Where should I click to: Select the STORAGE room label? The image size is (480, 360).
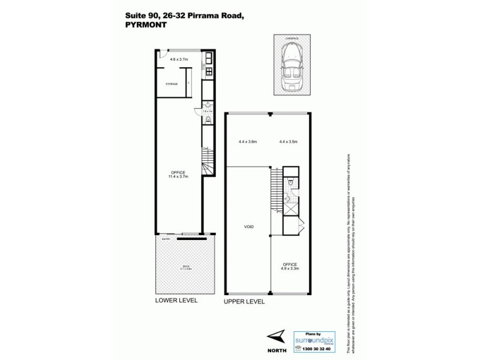172,84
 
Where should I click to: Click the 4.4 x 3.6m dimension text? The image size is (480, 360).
247,142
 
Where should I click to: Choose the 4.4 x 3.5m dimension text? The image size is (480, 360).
289,142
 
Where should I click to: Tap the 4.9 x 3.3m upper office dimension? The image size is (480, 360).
290,268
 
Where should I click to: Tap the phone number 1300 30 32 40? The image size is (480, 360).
314,348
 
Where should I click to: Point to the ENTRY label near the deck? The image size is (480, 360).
166,239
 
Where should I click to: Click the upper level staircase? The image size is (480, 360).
275,190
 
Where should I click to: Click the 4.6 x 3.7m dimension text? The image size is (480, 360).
179,59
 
